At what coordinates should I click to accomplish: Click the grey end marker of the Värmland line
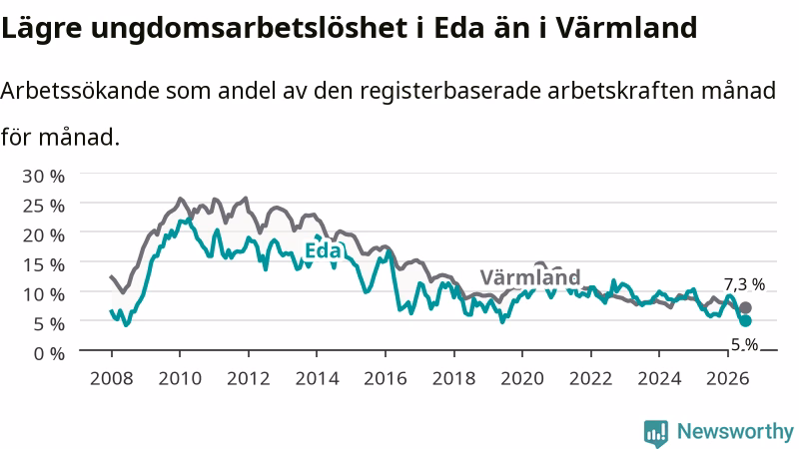click(x=745, y=307)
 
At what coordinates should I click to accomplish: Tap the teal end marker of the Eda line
click(x=745, y=320)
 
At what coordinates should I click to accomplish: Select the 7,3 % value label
click(x=744, y=284)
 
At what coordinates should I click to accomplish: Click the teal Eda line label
click(x=323, y=251)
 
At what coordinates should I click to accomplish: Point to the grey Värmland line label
click(x=530, y=277)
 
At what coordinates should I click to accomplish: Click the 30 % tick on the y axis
click(x=43, y=177)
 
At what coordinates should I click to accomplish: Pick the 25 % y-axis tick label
click(x=43, y=206)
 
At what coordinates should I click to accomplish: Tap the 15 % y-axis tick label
click(x=43, y=264)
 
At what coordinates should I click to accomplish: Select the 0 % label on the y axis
click(x=49, y=353)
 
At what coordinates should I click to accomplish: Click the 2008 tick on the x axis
click(x=112, y=378)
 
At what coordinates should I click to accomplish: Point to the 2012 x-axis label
click(x=249, y=378)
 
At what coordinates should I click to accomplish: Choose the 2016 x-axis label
click(x=386, y=378)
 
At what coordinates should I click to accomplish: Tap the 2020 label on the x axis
click(x=522, y=378)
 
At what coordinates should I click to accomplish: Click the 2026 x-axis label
click(x=728, y=378)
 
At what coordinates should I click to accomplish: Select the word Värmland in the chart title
click(x=626, y=28)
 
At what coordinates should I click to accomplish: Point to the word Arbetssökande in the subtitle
click(x=80, y=91)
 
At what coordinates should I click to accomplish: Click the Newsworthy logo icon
click(x=656, y=432)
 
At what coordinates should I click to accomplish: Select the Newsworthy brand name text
click(x=735, y=432)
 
